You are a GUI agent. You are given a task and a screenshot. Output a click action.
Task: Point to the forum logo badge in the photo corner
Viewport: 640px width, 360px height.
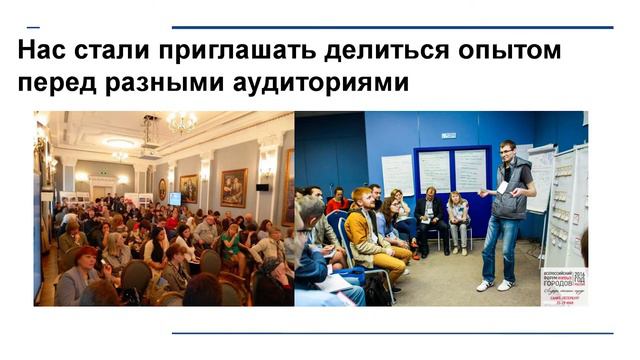click(565, 285)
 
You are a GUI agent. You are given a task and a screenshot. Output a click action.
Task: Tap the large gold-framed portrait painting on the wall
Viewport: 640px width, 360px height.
click(233, 186)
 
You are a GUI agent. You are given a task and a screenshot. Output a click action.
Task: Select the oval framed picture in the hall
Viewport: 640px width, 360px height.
click(162, 189)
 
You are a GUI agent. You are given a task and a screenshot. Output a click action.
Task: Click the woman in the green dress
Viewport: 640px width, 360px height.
click(231, 246)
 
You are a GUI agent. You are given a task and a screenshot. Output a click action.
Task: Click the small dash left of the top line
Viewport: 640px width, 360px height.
click(33, 27)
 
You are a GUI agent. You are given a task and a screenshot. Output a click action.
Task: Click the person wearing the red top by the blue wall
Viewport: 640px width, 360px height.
click(338, 200)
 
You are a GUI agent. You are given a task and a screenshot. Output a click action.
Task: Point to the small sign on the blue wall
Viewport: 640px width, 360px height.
click(448, 135)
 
